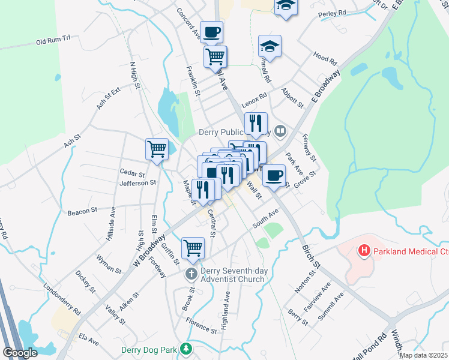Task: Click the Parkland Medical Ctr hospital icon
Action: coord(363,250)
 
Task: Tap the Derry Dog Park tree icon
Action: coord(187,349)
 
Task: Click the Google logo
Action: coord(20,352)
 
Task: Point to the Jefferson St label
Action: coord(138,182)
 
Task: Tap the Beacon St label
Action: coord(82,211)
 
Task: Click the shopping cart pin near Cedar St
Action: coord(157,148)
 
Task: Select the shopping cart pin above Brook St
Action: coord(193,247)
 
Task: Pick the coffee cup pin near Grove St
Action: coord(274,175)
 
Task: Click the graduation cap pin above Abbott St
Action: coord(270,46)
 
